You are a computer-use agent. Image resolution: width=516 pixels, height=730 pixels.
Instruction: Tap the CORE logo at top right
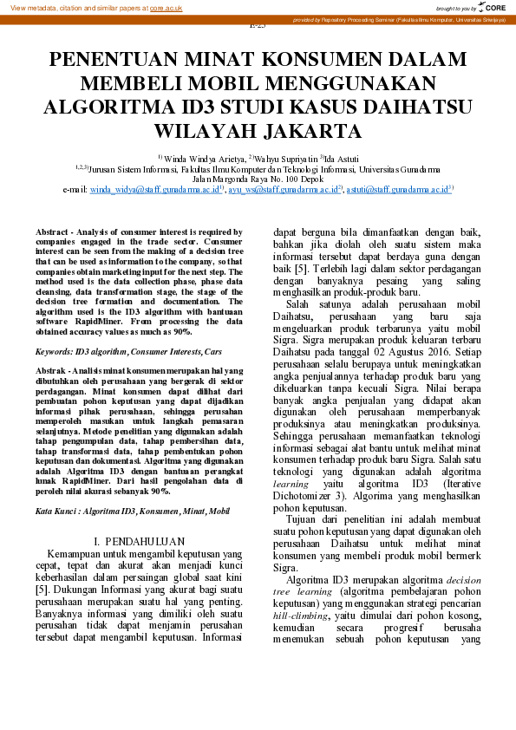click(495, 8)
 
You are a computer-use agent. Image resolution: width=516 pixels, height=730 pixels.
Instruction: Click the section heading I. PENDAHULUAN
click(139, 542)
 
